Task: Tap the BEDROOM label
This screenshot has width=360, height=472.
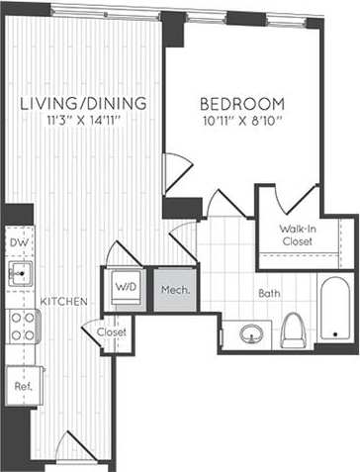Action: [242, 104]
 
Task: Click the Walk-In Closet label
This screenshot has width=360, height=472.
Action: [297, 236]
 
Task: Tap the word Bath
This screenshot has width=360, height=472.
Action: [269, 294]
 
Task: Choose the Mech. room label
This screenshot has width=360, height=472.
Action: [175, 291]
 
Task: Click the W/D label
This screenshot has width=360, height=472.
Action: [126, 287]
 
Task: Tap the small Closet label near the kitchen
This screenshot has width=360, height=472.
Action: [112, 332]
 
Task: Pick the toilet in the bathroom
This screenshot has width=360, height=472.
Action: [294, 330]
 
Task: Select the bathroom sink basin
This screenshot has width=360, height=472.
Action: [251, 334]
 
